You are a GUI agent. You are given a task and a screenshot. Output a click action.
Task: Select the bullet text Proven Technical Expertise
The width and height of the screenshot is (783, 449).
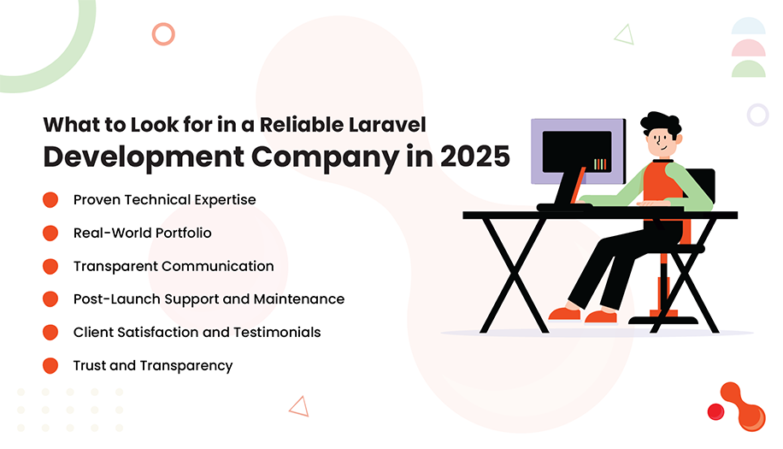click(x=164, y=199)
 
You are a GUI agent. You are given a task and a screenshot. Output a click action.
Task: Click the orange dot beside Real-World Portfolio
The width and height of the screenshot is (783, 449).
click(x=50, y=233)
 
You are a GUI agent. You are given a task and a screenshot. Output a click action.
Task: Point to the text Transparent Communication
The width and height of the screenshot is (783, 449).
click(x=174, y=266)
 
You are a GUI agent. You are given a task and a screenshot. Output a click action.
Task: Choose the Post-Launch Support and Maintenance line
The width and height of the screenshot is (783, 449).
click(x=209, y=299)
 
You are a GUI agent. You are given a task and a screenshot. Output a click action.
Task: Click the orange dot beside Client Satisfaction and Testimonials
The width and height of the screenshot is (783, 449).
click(x=50, y=332)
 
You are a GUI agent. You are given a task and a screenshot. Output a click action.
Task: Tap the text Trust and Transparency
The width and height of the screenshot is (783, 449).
click(x=153, y=365)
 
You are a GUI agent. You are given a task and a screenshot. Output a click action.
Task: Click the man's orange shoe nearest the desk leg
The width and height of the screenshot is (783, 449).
click(x=563, y=314)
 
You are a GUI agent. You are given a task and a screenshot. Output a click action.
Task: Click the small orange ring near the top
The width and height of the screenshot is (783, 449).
click(x=162, y=34)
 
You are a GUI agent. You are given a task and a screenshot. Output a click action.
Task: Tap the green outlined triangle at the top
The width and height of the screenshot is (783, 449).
click(x=624, y=34)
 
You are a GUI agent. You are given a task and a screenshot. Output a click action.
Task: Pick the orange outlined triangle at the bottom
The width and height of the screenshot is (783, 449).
click(x=298, y=405)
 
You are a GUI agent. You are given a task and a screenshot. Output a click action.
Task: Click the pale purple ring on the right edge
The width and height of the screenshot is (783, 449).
click(x=757, y=115)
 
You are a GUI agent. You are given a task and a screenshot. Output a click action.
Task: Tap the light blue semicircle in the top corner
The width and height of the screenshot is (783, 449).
click(x=748, y=27)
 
